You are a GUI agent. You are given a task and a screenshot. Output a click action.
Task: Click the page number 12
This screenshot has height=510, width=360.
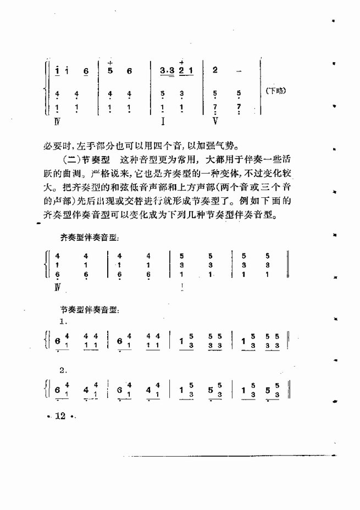pos(60,417)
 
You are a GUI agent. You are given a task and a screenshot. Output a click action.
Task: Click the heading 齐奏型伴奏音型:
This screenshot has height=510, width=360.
pos(91,237)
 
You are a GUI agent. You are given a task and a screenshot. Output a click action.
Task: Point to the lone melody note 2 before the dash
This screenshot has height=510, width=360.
pos(214,70)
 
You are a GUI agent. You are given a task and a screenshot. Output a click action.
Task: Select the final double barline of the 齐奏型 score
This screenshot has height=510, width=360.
pos(289,265)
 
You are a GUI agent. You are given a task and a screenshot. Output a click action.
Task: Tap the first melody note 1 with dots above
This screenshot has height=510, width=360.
pos(57,70)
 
